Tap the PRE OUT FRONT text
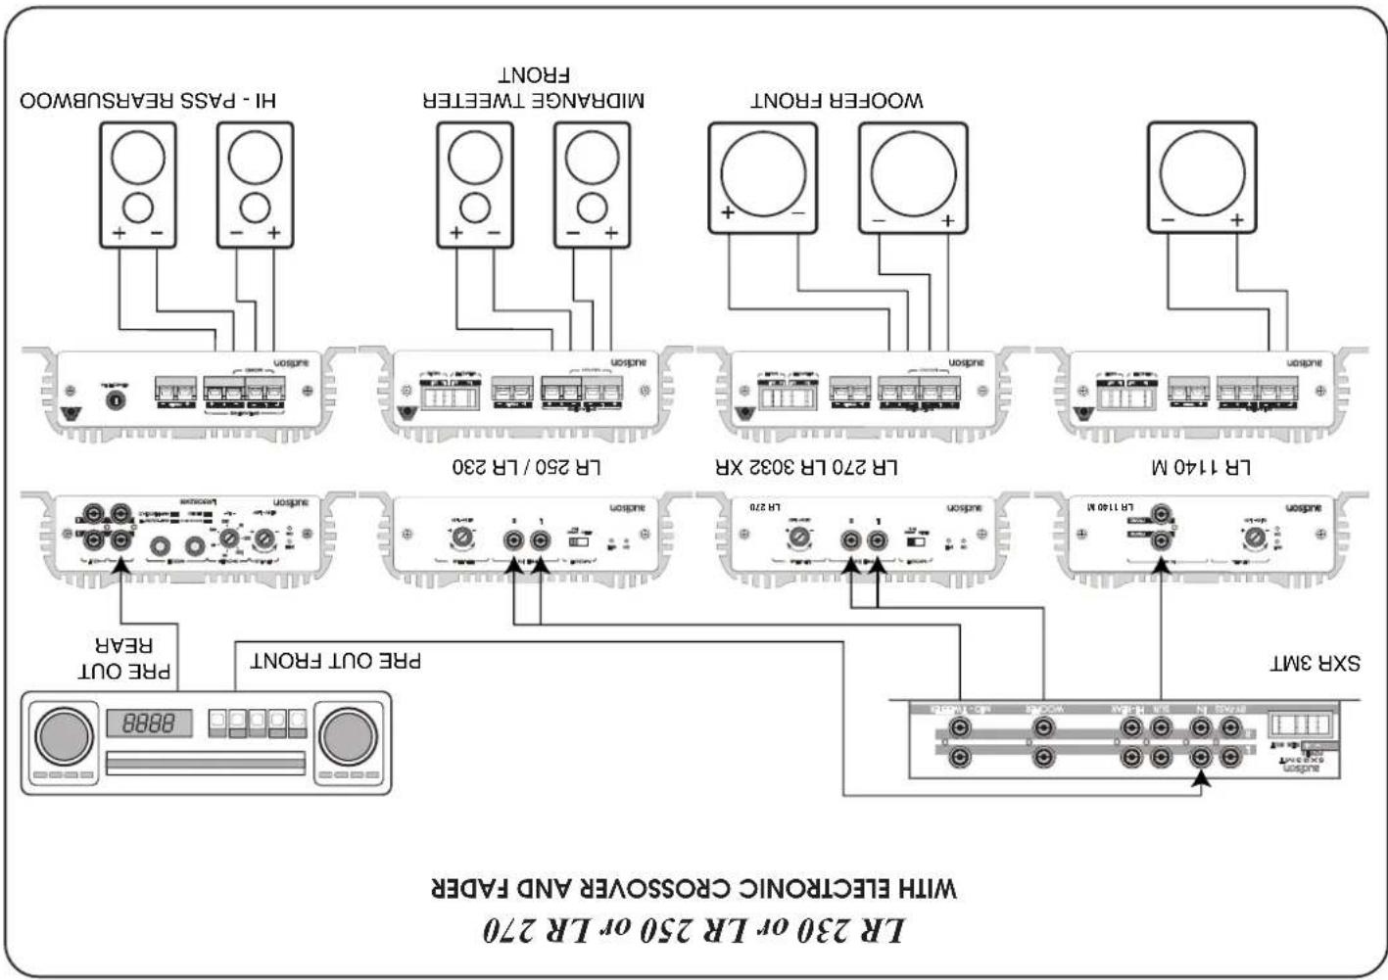pos(336,661)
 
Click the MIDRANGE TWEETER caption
pos(533,100)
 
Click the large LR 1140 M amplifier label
pos(1200,467)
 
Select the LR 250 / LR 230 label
pos(526,467)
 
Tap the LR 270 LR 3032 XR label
pos(806,467)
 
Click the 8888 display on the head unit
pos(149,723)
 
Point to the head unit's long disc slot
pos(206,763)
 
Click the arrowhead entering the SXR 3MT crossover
pos(1202,779)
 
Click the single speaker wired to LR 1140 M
pos(1201,177)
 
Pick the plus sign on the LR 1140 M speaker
pos(1237,220)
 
